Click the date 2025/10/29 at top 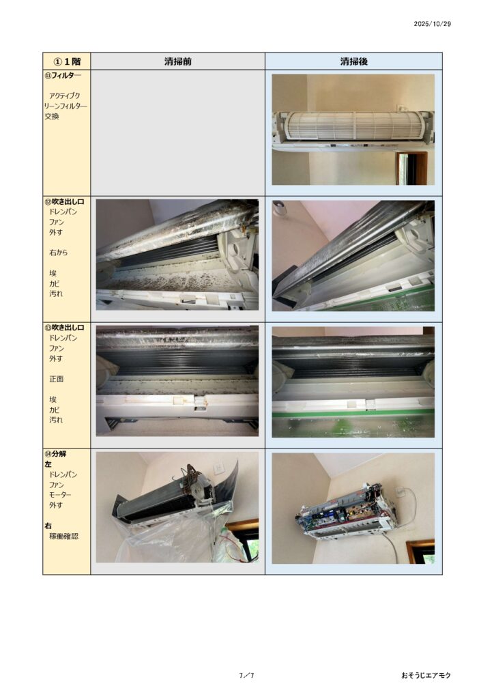(x=432, y=24)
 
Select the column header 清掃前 (x=177, y=61)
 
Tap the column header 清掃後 (x=353, y=61)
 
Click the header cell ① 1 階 (x=67, y=61)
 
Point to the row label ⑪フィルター (x=63, y=76)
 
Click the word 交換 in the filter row (x=52, y=116)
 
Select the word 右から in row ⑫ (x=59, y=253)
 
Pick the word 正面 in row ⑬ (x=56, y=379)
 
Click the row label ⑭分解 (x=55, y=454)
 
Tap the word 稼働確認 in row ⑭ (x=63, y=537)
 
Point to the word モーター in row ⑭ (x=60, y=495)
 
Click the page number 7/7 (x=247, y=675)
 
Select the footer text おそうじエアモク (x=426, y=675)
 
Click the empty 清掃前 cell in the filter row (x=177, y=132)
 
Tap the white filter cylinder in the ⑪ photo (x=353, y=126)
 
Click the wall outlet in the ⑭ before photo (x=219, y=468)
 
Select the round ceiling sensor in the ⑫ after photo (x=279, y=208)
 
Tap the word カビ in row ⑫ (x=54, y=283)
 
